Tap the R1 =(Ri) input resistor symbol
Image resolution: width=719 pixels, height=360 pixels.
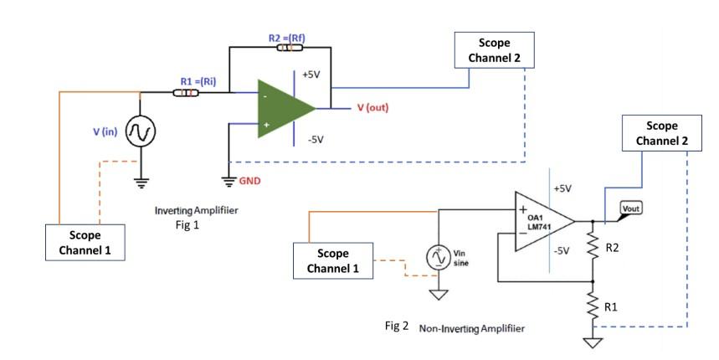click(x=185, y=92)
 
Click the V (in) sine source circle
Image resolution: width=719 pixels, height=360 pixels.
click(x=139, y=132)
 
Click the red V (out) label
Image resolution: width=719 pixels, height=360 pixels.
click(x=372, y=108)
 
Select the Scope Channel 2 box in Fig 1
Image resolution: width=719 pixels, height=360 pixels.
click(x=493, y=51)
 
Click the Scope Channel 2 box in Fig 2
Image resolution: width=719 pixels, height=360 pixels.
click(x=661, y=133)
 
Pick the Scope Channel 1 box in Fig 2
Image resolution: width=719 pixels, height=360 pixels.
click(x=332, y=260)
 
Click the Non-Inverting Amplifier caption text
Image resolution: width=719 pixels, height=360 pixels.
click(x=473, y=327)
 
